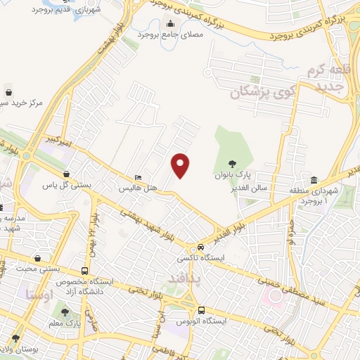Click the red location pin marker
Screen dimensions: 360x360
click(181, 165)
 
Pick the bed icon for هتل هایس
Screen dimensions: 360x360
click(139, 177)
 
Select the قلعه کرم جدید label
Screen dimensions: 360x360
click(326, 79)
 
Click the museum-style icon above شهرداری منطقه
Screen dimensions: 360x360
click(313, 179)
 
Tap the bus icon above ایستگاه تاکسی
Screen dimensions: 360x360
click(201, 247)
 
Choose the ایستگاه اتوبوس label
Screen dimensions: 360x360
click(200, 321)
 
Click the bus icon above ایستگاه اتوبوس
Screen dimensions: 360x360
click(202, 310)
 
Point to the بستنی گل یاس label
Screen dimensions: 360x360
click(67, 185)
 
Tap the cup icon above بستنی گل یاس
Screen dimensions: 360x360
click(66, 174)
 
